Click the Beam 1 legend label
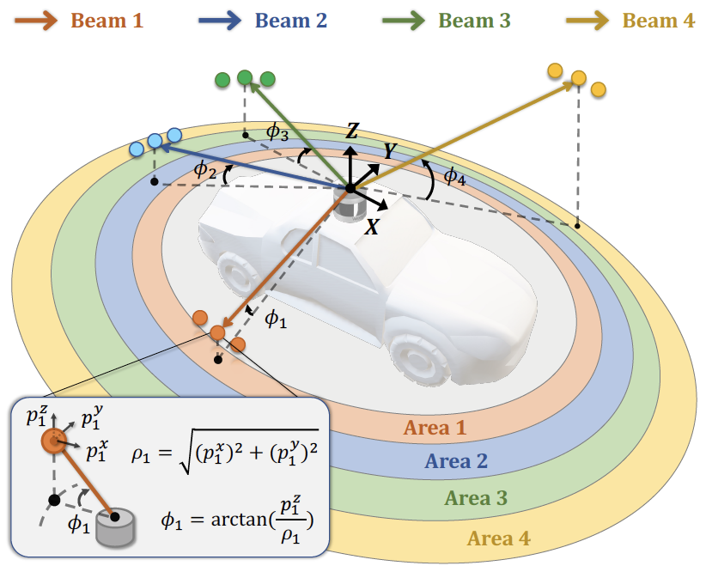107,21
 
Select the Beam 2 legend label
291,21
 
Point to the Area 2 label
456,461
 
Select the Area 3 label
477,497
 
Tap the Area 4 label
498,539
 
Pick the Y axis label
391,151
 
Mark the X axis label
373,227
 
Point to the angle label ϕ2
204,170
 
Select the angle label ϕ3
277,131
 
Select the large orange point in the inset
53,441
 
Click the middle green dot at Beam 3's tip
245,78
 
